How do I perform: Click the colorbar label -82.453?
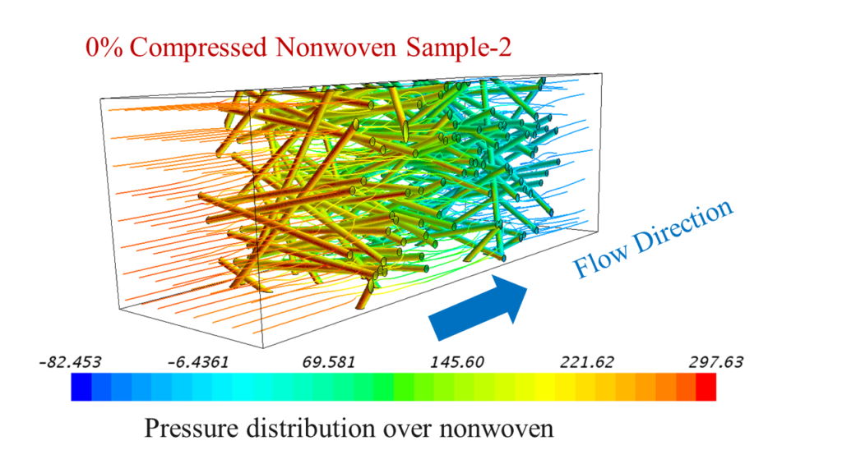coord(70,362)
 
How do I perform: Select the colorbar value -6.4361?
coord(199,362)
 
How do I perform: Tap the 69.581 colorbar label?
coord(329,362)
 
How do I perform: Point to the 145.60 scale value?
coord(457,362)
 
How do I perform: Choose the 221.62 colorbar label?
coord(586,362)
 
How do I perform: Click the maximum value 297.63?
coord(716,362)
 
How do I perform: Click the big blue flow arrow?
coord(478,308)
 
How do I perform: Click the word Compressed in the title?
coord(198,47)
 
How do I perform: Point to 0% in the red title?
coord(104,47)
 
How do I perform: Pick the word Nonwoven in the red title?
coord(336,47)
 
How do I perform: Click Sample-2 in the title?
coord(459,47)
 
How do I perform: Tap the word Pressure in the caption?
coord(191,429)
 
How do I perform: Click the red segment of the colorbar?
coord(706,387)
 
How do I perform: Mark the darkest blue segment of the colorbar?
coord(81,387)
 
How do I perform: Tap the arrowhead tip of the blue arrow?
coord(527,288)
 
